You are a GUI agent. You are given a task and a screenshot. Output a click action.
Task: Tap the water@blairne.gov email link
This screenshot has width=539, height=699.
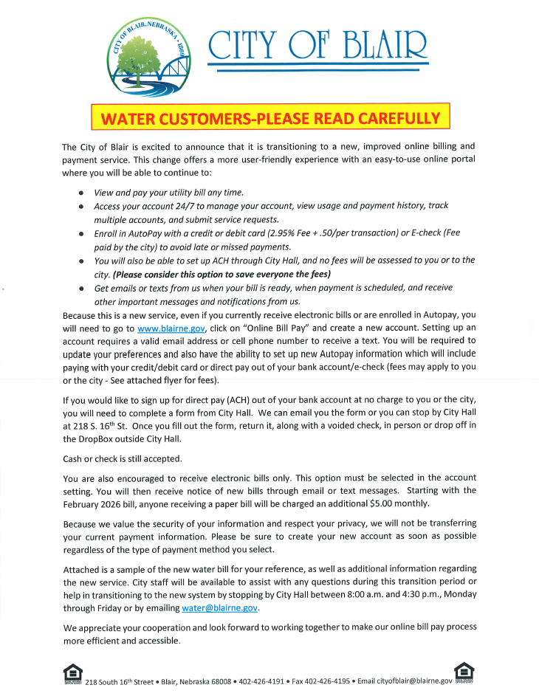[220, 607]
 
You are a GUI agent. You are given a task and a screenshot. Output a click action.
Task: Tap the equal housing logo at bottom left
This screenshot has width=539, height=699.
[72, 673]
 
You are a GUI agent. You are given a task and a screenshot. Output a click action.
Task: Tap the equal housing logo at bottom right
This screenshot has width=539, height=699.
[464, 672]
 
